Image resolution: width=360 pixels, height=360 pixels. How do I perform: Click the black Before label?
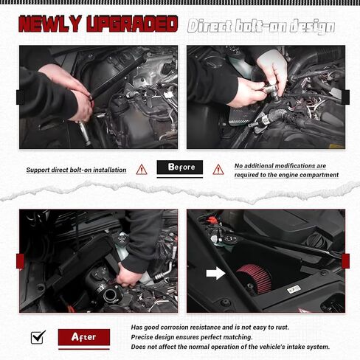pos(180,167)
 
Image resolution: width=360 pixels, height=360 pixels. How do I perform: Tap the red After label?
pos(84,337)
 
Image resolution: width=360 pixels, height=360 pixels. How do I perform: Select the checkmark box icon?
pos(38,337)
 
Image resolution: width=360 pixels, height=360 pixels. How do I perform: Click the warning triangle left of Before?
pos(142,170)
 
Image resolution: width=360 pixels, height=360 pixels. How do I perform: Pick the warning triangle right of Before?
pos(218,170)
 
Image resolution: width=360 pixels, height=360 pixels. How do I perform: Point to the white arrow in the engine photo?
pos(215,273)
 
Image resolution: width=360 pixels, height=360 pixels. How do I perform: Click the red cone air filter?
pos(255,278)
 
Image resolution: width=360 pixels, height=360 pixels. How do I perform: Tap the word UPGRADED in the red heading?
pos(132,24)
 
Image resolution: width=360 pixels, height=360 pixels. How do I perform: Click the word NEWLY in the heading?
pos(50,24)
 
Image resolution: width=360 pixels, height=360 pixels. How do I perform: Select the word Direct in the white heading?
pos(210,26)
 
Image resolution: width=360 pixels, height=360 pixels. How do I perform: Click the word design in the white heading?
pos(312,27)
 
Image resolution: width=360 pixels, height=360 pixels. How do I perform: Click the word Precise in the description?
pos(140,337)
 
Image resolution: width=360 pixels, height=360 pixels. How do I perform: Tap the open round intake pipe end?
pos(110,294)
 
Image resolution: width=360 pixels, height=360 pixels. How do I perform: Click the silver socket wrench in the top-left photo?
pos(84,133)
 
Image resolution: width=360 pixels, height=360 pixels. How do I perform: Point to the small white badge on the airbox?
pos(294,289)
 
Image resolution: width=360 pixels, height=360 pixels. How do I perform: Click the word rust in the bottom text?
pos(283,328)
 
